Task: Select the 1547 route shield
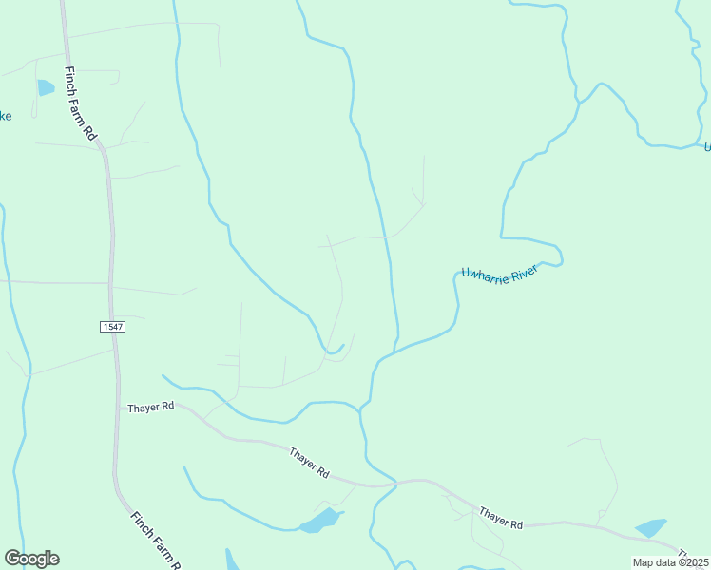tap(112, 326)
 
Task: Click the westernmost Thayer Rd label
tap(151, 407)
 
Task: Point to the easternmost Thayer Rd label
tap(501, 518)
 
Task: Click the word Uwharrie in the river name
tap(483, 274)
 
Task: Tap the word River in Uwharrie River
tap(524, 270)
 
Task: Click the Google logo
tap(31, 559)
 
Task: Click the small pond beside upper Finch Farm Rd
tap(46, 88)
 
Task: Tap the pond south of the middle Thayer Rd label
tap(319, 522)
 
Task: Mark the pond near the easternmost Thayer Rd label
tap(651, 528)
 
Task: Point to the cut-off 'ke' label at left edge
tap(5, 116)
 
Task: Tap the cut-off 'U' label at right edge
tap(706, 145)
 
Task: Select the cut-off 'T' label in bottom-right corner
tap(682, 553)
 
